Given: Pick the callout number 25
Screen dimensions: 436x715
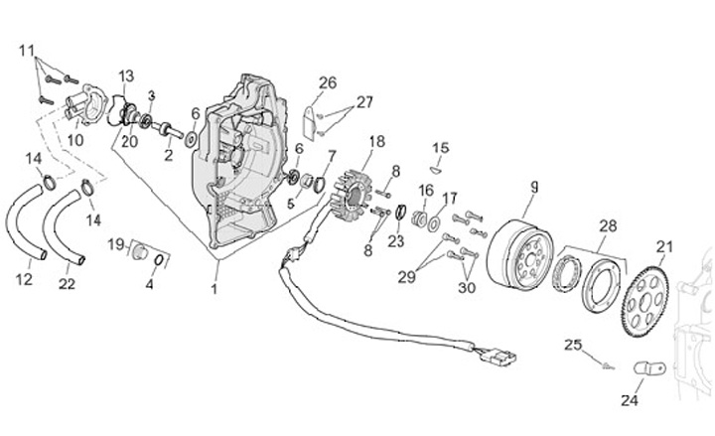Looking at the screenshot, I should pyautogui.click(x=572, y=345).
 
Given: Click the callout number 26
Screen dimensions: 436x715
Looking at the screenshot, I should pyautogui.click(x=328, y=82).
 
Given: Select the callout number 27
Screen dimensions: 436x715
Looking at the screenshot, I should pyautogui.click(x=364, y=101).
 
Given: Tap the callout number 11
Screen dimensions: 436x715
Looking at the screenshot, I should pyautogui.click(x=27, y=50).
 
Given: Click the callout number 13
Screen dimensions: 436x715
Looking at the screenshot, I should pyautogui.click(x=127, y=75).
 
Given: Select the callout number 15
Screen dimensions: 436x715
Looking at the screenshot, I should pyautogui.click(x=441, y=148).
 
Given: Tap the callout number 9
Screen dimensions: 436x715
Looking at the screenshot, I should pyautogui.click(x=533, y=186).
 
